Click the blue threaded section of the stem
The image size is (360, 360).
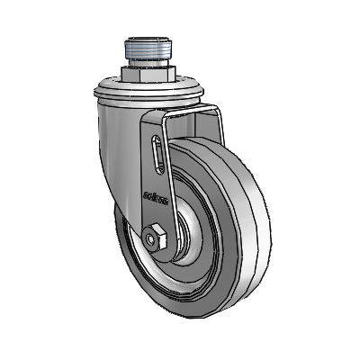click(x=148, y=49)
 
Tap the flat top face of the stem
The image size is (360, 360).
click(x=148, y=40)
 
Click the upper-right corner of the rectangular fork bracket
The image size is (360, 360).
click(x=216, y=111)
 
